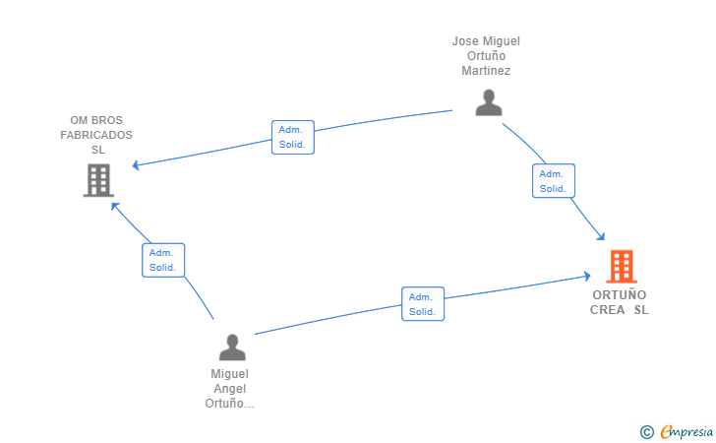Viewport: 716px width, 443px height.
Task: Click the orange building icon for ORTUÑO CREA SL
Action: pos(622,266)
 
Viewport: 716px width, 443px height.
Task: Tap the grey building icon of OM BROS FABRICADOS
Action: pos(98,180)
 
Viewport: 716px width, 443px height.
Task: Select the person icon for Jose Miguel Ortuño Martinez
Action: pos(489,102)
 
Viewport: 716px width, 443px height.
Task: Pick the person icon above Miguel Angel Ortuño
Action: pos(232,347)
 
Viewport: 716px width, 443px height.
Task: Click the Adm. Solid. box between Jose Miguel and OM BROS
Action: pos(293,137)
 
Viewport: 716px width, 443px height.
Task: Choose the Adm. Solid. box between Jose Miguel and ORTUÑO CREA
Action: pos(554,181)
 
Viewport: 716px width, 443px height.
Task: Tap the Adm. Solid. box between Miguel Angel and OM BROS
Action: pos(163,260)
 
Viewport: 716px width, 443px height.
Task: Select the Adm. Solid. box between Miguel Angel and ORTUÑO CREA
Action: pos(423,304)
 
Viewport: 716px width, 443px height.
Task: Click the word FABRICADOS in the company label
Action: pos(96,135)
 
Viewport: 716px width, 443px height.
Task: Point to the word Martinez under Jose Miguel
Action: pos(486,71)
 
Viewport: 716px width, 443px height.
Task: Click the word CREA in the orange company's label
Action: pos(608,310)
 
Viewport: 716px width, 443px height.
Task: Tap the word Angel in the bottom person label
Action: pos(230,389)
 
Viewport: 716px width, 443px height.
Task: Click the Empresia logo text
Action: pos(686,431)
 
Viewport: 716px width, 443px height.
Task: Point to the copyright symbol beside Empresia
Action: pos(647,432)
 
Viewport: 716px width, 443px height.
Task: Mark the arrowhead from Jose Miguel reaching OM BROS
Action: pos(136,165)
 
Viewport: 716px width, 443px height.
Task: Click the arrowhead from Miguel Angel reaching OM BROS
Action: pos(115,206)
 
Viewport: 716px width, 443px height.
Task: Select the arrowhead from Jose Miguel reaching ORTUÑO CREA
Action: pos(601,236)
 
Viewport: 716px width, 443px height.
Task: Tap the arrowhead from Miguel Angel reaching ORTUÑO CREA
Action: pos(587,276)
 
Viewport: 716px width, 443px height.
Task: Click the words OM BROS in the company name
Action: pos(96,120)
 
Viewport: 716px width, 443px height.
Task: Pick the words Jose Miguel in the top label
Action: pos(486,41)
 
